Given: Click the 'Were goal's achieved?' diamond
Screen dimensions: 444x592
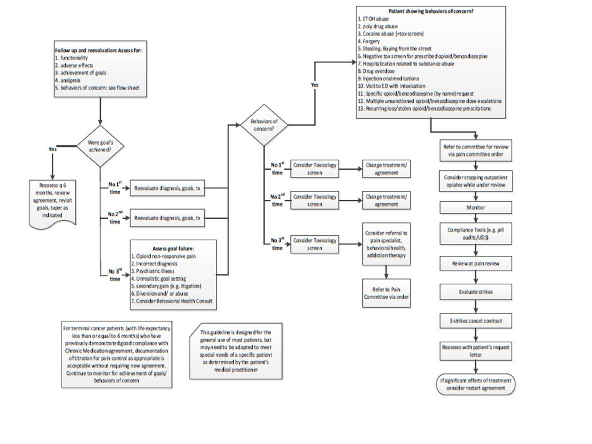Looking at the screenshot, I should point(100,146).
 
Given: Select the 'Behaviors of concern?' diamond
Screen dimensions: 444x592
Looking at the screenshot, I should point(264,125).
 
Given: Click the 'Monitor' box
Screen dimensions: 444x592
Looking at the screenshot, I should point(476,207).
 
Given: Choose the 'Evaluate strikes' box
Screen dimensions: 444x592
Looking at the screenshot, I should point(476,292).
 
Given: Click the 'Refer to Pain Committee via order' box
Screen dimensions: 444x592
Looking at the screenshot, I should point(386,293).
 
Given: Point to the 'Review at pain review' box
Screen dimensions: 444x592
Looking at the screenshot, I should point(476,263).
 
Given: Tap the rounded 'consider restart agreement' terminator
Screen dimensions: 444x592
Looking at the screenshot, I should point(476,384).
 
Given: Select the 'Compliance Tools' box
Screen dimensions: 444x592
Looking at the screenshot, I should point(476,233).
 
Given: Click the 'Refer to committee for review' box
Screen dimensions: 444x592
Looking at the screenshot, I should point(476,150).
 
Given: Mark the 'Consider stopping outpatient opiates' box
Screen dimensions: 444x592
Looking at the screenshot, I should point(476,181).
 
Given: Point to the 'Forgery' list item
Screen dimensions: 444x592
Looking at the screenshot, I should point(371,41).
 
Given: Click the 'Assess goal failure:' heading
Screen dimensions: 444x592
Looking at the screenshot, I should point(173,249).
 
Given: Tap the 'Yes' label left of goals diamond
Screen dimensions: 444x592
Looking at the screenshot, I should point(52,149).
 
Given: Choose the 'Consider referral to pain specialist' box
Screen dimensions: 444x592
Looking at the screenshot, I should point(386,244).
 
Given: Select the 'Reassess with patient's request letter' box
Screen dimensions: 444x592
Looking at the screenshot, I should point(476,351).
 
